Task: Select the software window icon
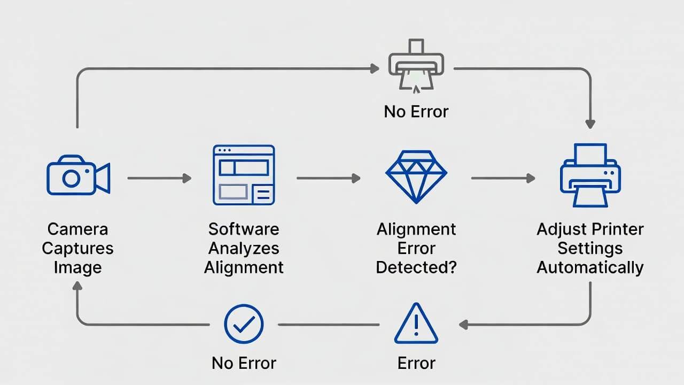tap(244, 175)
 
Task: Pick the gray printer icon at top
tap(416, 64)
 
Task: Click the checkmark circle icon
tap(244, 324)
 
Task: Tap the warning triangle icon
tap(416, 324)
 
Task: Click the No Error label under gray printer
tap(416, 112)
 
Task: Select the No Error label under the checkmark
tap(244, 363)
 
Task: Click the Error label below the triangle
tap(416, 363)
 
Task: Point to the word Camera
tap(77, 229)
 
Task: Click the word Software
tap(244, 229)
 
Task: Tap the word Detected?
tap(416, 267)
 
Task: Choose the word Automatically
tap(590, 267)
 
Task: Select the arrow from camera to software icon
tap(159, 178)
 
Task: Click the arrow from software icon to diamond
tap(328, 178)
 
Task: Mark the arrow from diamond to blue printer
tap(502, 178)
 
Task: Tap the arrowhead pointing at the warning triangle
tap(463, 324)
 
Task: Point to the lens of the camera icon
tap(71, 178)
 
